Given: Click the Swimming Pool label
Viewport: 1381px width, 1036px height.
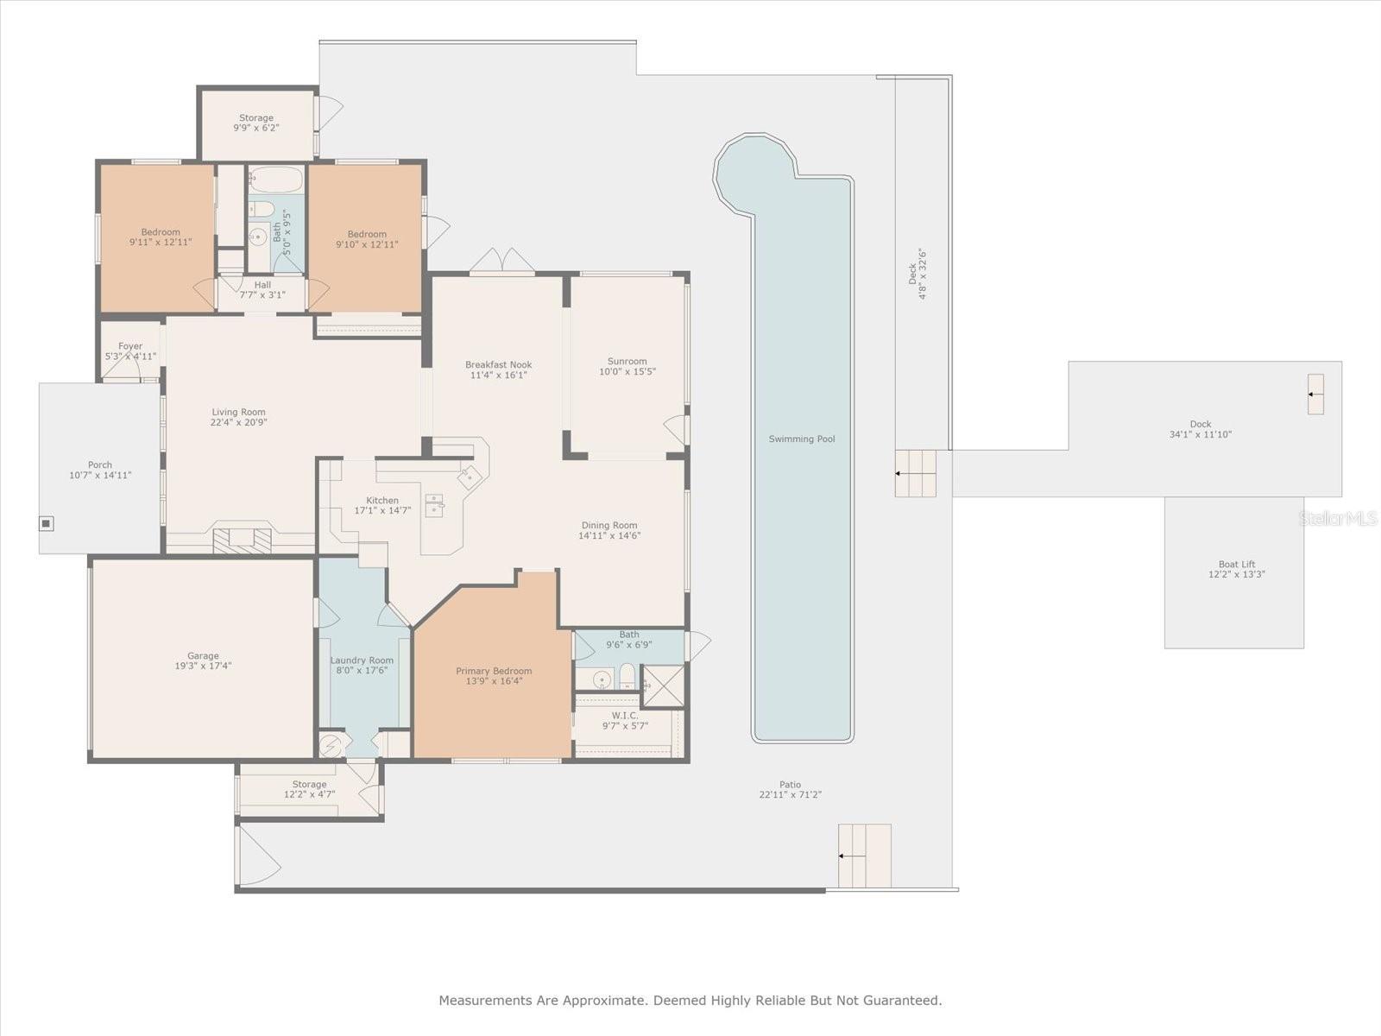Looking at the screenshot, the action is [802, 439].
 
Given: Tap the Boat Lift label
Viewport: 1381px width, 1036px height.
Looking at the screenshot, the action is [1236, 565].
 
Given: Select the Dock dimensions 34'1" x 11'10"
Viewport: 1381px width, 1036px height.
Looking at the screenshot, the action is [1201, 434].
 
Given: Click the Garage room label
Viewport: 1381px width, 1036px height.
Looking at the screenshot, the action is [203, 655].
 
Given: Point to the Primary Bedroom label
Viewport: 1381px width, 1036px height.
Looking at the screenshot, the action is [494, 671].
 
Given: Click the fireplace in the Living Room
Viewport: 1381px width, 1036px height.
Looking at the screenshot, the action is [242, 541].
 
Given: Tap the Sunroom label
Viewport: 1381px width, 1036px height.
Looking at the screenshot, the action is [627, 361].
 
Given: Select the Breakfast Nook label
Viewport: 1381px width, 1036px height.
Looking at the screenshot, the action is [498, 364].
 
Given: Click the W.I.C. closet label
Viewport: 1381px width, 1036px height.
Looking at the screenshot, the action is [625, 716].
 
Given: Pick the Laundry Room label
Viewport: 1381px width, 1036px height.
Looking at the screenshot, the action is [362, 660].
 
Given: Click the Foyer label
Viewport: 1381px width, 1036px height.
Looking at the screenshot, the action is [130, 346].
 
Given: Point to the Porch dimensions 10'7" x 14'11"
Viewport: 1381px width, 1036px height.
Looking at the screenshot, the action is [100, 476].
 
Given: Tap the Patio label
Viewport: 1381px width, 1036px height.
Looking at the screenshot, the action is [791, 785].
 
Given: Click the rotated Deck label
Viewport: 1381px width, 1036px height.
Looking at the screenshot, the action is [912, 274].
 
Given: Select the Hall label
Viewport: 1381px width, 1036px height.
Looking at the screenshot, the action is [262, 285].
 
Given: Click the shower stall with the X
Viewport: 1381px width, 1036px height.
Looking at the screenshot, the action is [663, 686].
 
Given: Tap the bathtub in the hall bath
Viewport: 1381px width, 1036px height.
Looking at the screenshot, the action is [275, 180].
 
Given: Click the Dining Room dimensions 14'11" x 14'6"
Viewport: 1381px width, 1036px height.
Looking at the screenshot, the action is [609, 536].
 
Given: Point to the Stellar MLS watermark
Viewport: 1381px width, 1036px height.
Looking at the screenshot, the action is [1337, 518].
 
